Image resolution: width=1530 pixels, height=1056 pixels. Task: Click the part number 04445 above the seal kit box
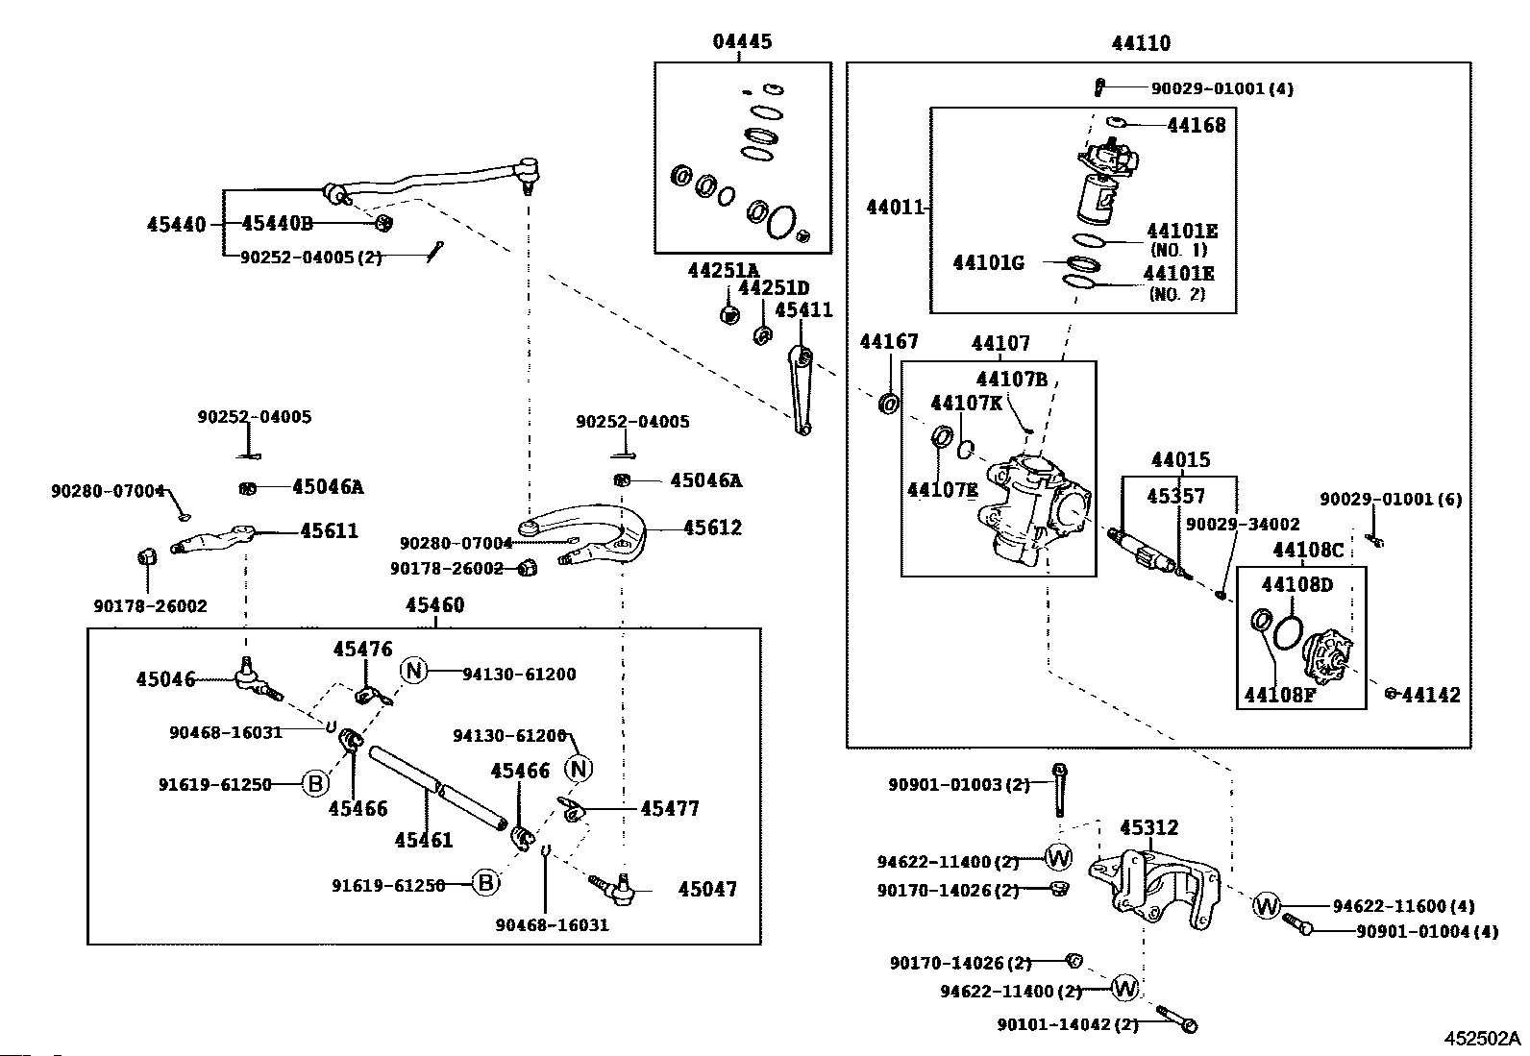point(742,41)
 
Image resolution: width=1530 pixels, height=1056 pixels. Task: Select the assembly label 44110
point(1141,43)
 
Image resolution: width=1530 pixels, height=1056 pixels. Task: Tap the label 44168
point(1196,126)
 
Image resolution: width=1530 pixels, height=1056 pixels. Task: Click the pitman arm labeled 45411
point(800,389)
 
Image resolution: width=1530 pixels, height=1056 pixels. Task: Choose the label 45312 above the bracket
point(1148,828)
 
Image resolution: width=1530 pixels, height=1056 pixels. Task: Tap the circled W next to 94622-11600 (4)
point(1267,906)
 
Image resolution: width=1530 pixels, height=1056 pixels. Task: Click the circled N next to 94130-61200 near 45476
point(414,670)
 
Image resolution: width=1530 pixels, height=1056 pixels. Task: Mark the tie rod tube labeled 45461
point(438,789)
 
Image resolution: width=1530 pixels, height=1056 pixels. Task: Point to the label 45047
point(707,890)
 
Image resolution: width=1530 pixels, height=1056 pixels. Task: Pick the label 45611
point(329,530)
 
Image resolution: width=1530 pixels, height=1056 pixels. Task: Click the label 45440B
point(278,223)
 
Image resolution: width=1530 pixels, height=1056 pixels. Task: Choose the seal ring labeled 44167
point(888,403)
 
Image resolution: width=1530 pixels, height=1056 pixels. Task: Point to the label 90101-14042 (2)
point(1068,1025)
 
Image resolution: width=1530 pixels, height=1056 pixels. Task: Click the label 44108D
point(1296,585)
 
